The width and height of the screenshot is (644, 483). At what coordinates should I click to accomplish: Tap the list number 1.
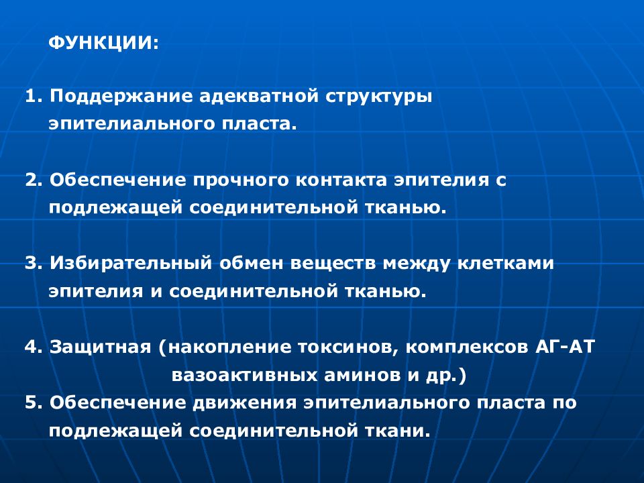pos(31,96)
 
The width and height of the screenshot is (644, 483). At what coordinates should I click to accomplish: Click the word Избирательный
pos(128,264)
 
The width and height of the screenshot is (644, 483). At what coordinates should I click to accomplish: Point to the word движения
pos(244,404)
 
